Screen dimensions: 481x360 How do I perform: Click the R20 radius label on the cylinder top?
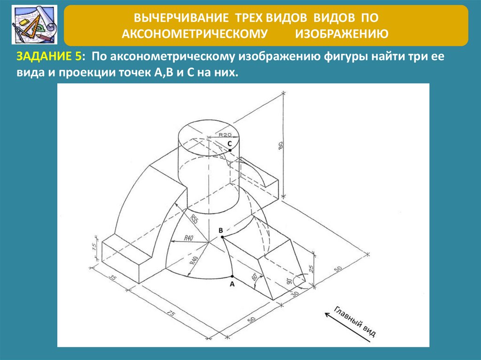tap(225, 134)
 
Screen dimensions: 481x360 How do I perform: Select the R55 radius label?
tap(194, 219)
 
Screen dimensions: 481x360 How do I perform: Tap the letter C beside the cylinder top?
tap(229, 144)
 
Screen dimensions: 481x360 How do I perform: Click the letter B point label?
tap(221, 230)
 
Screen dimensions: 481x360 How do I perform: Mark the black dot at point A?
tap(232, 276)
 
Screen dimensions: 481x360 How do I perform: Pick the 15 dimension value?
tap(95, 245)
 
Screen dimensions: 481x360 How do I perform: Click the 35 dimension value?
tap(113, 278)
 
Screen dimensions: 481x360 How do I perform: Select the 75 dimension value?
tap(171, 314)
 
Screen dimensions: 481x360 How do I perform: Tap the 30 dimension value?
tap(295, 293)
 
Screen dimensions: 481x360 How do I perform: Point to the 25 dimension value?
tap(311, 269)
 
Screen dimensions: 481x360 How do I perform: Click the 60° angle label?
tap(255, 277)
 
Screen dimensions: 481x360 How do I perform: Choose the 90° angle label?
tap(289, 281)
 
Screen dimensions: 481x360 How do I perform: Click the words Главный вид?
tap(354, 322)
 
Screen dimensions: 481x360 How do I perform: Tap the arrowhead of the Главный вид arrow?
tap(327, 314)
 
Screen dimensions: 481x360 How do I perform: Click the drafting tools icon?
tap(34, 24)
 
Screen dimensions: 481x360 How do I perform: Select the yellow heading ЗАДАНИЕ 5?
tap(49, 56)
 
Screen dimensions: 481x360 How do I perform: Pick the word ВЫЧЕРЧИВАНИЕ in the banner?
tap(181, 18)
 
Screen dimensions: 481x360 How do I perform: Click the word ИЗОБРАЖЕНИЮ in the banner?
tap(342, 33)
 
